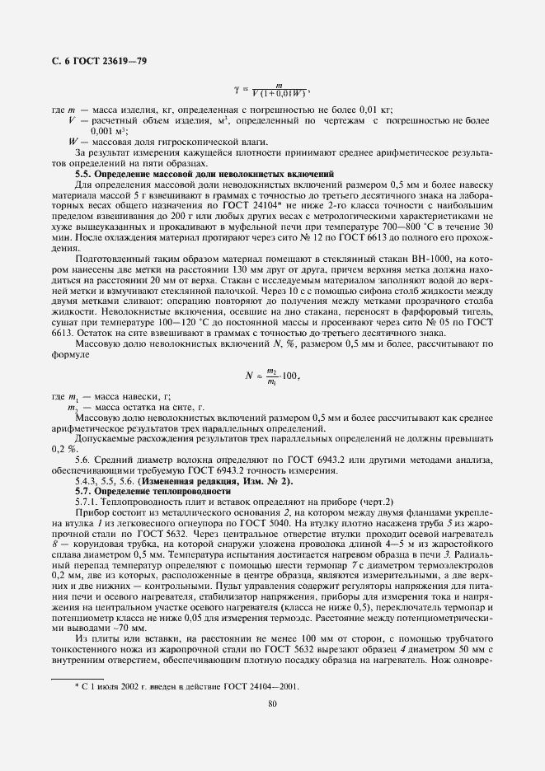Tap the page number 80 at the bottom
pyautogui.click(x=271, y=703)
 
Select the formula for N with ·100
pyautogui.click(x=271, y=375)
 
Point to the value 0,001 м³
pyautogui.click(x=108, y=130)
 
